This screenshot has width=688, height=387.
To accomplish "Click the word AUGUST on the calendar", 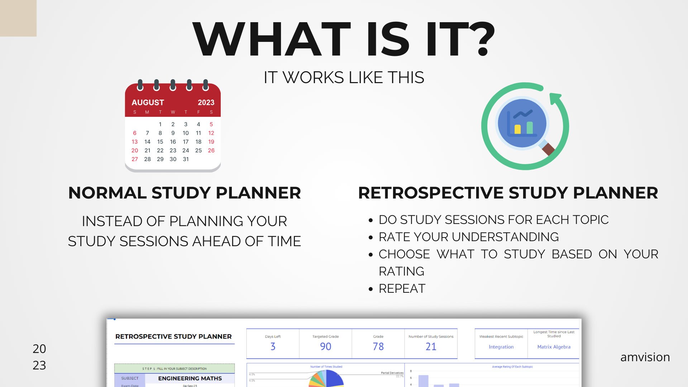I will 148,102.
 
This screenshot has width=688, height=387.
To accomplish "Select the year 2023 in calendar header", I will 206,102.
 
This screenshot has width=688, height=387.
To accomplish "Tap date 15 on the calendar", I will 160,142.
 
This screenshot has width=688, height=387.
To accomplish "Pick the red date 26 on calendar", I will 211,150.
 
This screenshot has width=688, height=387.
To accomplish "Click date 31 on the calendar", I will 186,159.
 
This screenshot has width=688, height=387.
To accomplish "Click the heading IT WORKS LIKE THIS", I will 344,77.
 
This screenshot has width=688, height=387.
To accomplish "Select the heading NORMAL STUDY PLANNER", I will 185,193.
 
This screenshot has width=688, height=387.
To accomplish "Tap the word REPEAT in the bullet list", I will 402,288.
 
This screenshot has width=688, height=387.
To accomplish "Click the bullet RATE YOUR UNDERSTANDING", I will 468,237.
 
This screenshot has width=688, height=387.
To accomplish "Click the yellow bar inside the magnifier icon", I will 517,129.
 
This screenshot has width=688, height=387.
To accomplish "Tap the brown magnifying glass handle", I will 548,149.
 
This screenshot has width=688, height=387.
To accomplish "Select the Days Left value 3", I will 273,347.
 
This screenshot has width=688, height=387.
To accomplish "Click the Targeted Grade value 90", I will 325,347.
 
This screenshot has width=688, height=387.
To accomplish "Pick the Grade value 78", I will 378,347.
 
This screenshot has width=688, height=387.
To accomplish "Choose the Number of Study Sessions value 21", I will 431,347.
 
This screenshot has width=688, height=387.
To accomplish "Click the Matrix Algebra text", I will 554,347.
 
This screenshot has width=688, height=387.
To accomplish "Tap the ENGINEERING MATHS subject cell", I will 190,378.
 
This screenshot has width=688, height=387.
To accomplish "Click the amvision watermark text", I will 645,357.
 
